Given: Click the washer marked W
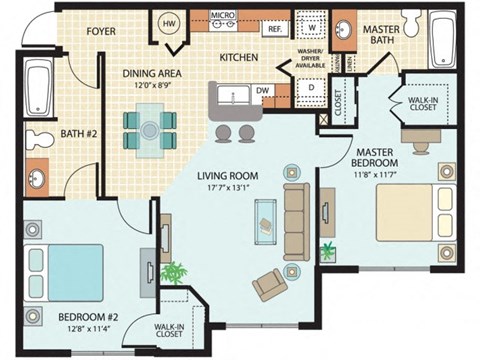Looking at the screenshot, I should pos(311,28).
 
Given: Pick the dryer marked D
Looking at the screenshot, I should pos(311,87).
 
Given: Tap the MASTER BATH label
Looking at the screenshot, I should pos(381,36).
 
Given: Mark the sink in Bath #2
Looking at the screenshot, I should pos(38,180).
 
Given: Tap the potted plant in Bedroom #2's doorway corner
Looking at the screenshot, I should pos(174,270).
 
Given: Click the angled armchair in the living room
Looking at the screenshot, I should pos(272,284).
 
